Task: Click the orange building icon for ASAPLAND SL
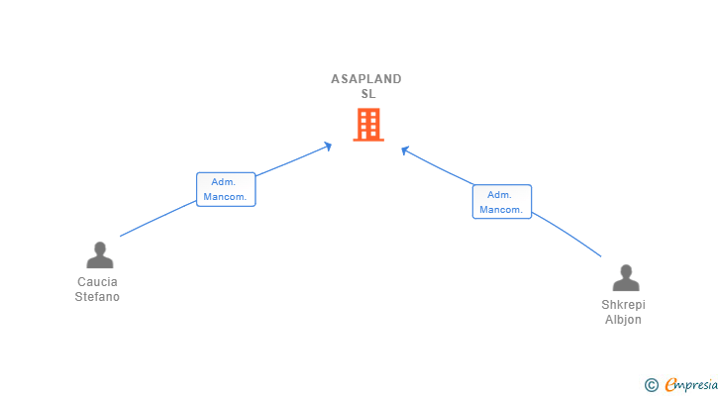coord(367,125)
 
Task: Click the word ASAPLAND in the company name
coord(366,79)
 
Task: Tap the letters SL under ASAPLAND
coord(368,94)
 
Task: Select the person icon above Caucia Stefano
coord(99,255)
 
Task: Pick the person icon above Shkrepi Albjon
coord(625,278)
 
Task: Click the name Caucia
coord(97,282)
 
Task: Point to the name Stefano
coord(97,297)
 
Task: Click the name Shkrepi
coord(623,305)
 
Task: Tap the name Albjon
coord(623,320)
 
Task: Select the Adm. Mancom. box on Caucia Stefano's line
coord(226,189)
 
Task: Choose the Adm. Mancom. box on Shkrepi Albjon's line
coord(501,202)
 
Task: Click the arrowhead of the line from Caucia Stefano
coord(328,146)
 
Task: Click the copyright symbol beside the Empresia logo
coord(651,384)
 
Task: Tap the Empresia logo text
coord(690,384)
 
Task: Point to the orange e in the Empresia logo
coord(670,384)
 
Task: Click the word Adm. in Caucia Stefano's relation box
coord(222,182)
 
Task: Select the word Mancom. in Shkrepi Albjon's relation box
coord(501,210)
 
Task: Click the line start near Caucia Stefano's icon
coord(121,236)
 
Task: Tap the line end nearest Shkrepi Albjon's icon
coord(600,257)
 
